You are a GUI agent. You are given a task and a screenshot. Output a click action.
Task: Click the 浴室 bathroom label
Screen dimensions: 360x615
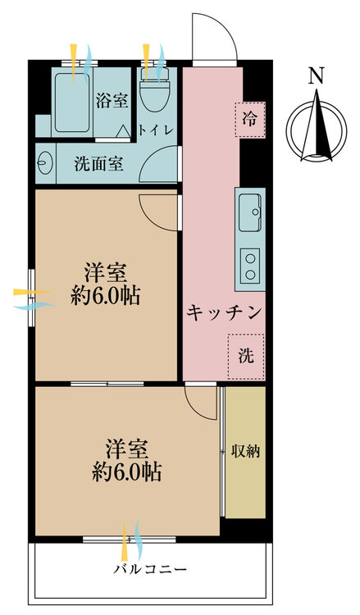112,100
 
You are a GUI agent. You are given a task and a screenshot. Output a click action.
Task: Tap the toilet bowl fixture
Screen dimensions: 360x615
155,90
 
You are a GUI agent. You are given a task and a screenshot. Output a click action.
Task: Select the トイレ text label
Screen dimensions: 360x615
155,130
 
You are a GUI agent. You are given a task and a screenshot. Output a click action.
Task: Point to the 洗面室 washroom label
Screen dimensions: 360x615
99,164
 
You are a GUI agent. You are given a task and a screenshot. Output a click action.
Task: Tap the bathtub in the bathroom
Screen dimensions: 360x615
72,102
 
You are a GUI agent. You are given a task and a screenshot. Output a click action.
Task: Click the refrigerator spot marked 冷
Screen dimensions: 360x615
250,119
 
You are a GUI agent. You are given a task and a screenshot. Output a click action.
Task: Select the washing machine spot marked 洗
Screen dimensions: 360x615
246,357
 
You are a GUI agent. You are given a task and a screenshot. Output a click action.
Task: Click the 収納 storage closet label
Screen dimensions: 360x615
245,451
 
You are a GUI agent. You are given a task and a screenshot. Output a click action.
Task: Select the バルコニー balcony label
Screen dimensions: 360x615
150,569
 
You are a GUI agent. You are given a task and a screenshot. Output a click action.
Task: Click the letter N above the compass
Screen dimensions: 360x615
316,76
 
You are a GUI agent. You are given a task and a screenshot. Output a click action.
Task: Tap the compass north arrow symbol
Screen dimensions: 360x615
317,126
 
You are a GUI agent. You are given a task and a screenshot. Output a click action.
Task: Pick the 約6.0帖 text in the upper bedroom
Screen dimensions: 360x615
106,296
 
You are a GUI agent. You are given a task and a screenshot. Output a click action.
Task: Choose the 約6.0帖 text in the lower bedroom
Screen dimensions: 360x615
126,471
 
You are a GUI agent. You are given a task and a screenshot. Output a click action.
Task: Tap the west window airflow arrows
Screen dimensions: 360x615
34,299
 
